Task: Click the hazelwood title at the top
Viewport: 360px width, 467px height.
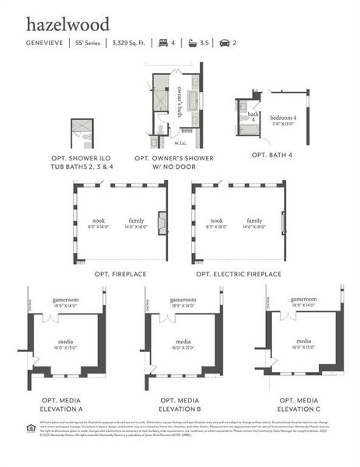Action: coord(68,25)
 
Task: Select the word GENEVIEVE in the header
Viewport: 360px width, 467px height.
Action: coord(45,43)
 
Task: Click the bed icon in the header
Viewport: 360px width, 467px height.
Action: coord(163,43)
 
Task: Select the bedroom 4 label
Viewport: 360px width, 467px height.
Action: coord(285,116)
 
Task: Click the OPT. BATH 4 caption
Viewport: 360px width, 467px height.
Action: coord(272,155)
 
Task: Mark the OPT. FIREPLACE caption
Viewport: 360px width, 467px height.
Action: coord(121,274)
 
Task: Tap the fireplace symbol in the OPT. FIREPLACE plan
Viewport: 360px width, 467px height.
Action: coord(162,223)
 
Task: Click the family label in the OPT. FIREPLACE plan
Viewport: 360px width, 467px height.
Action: coord(136,220)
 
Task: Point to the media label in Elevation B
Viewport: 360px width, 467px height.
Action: coord(183,342)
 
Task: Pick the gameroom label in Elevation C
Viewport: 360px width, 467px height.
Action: coord(303,299)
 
